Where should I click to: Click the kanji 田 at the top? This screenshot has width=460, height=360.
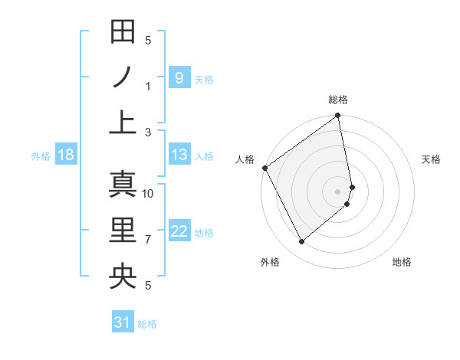(x=123, y=33)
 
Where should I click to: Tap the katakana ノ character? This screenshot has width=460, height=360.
(x=123, y=77)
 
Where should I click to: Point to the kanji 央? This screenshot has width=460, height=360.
(x=123, y=274)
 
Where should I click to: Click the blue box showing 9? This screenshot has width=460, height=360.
(x=179, y=77)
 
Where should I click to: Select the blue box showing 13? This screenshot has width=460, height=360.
(x=179, y=155)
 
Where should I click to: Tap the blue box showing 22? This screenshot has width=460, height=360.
(x=179, y=231)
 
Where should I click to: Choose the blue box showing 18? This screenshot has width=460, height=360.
(x=66, y=155)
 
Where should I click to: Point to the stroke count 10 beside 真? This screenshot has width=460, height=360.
(x=148, y=194)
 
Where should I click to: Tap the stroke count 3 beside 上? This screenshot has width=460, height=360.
(x=148, y=132)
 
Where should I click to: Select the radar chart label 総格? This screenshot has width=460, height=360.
(x=338, y=100)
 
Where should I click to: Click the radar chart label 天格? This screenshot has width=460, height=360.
(x=432, y=159)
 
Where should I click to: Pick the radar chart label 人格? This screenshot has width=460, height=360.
(x=245, y=159)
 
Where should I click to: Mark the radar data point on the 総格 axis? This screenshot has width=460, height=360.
(x=337, y=116)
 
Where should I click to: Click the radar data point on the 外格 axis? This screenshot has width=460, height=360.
(x=302, y=242)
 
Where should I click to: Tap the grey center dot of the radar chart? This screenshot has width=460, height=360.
(x=337, y=191)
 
